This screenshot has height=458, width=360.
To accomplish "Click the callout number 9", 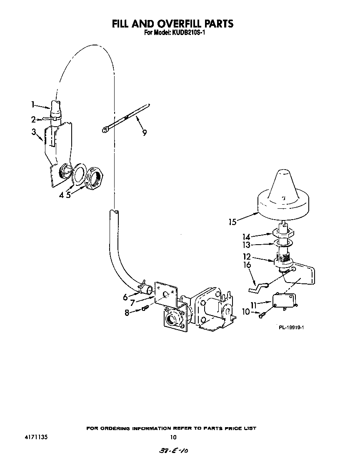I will coord(144,133).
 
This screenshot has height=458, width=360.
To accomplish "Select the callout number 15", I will coord(233,222).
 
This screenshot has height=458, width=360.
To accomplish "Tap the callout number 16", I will coord(247,265).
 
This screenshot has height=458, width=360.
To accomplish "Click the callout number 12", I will coord(247,256).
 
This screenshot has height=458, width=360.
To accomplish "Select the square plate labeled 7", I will coord(165,294).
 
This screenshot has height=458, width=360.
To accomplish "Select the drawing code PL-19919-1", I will coord(291,328).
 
